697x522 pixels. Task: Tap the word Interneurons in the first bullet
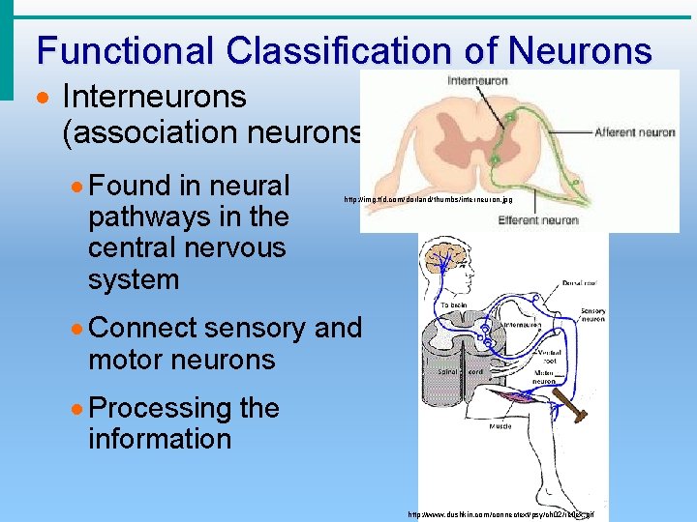(154, 97)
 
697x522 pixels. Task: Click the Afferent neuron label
(634, 132)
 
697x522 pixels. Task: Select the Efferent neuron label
(538, 220)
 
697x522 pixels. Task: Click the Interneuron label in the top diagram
(477, 81)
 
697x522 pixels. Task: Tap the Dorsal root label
(582, 284)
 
